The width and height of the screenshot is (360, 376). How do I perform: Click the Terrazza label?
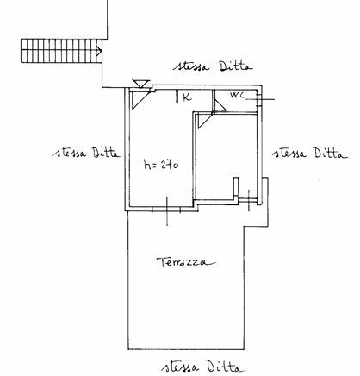coord(186,262)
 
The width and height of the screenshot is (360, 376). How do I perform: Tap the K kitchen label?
coord(187,97)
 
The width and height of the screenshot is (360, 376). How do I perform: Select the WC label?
coord(238,95)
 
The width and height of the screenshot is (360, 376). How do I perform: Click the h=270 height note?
coord(161,165)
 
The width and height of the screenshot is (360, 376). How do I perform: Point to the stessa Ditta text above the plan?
coord(213,66)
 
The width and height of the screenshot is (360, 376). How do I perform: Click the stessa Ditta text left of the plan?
coord(86,152)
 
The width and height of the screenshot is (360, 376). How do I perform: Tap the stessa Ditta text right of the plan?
coord(310,153)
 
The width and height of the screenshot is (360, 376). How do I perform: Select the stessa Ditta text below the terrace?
coord(203,367)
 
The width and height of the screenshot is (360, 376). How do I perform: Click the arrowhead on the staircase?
coord(100,51)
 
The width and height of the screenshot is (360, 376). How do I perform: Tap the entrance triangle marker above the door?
coord(141,84)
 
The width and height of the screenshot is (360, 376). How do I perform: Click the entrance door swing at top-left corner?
coord(140,99)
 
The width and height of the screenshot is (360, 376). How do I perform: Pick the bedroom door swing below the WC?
coord(205,121)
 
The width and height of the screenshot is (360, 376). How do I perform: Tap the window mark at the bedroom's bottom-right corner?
coord(249,201)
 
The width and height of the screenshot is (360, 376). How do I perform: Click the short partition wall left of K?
coord(177,96)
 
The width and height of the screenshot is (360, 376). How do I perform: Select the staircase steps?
coord(61,51)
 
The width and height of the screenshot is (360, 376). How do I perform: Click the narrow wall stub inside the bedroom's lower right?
coord(236,189)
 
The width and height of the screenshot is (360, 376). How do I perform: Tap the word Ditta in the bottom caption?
coord(227,367)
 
